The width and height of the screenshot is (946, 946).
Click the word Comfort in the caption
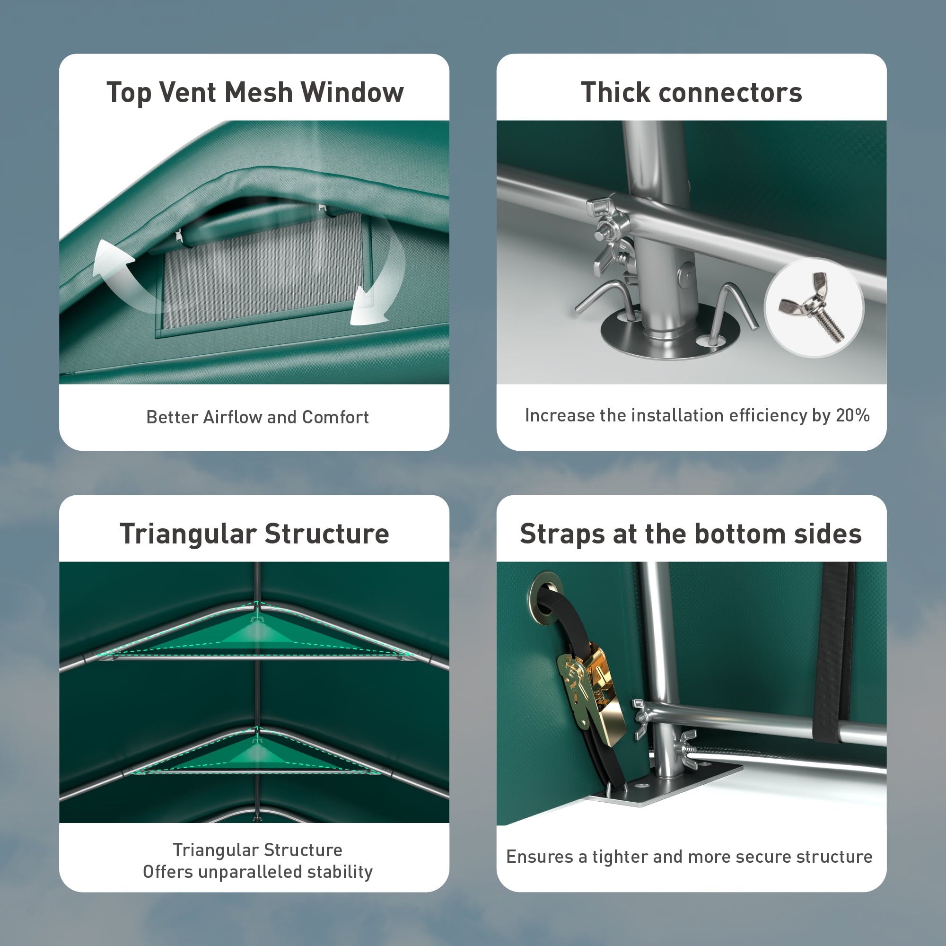[335, 417]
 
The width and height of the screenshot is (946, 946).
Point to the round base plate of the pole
[670, 332]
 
